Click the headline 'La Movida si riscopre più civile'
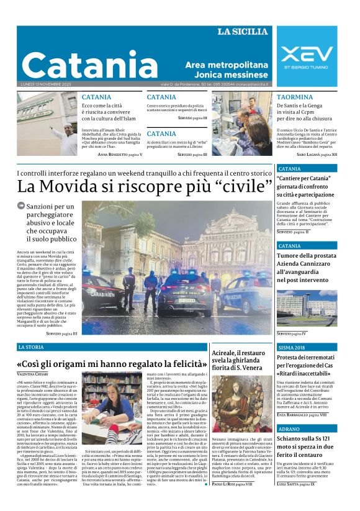tap(145, 186)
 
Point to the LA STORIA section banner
tap(31, 347)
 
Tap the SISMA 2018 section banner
tap(292, 348)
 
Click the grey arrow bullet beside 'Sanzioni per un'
tap(21, 206)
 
